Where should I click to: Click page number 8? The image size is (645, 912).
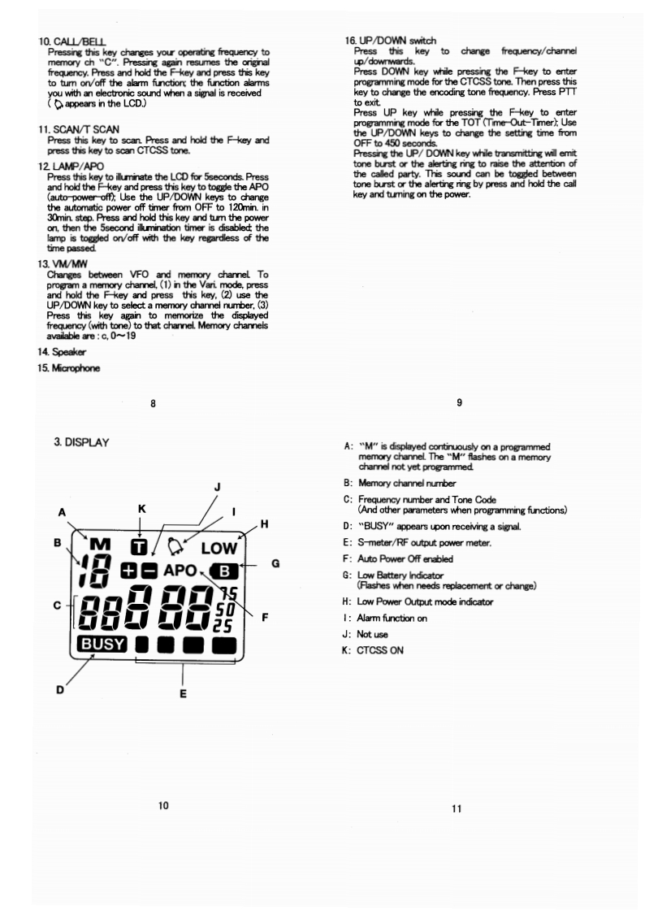coord(152,402)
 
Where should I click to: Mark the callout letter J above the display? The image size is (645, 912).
coord(217,486)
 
